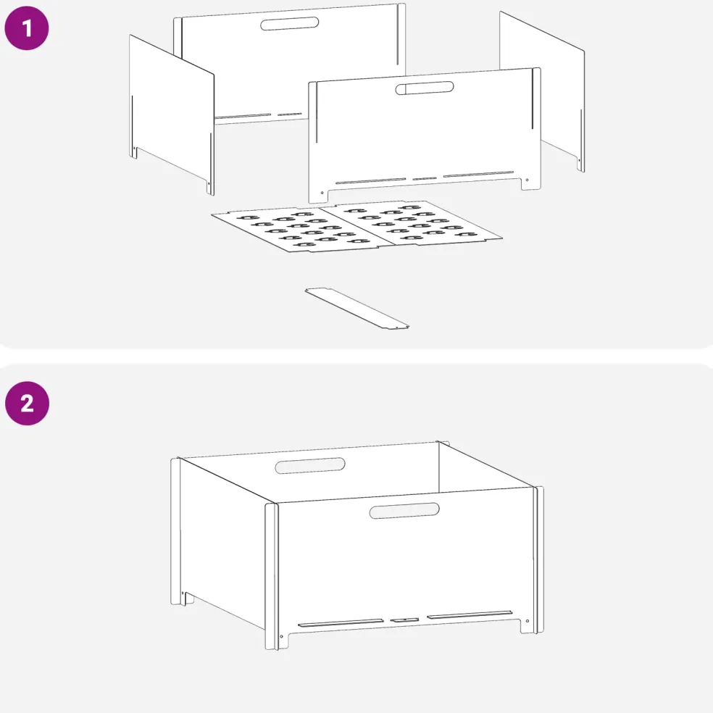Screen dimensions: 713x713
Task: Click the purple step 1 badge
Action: click(x=27, y=28)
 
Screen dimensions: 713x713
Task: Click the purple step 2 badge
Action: click(x=28, y=404)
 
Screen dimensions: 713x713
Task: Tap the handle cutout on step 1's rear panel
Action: click(x=289, y=24)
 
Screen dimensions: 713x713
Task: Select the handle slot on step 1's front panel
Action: click(x=425, y=88)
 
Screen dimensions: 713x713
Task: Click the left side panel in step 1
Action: click(x=172, y=114)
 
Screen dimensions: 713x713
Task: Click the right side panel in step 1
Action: click(x=542, y=91)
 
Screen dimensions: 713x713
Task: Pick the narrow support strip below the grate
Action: click(x=357, y=308)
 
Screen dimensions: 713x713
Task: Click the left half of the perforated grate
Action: click(x=302, y=229)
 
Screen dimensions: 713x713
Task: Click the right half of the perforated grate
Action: click(x=411, y=222)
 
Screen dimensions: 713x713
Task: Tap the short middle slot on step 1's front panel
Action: click(x=425, y=179)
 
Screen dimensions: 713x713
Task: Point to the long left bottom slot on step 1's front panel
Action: click(x=370, y=181)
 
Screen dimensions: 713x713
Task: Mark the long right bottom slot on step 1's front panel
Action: click(x=478, y=174)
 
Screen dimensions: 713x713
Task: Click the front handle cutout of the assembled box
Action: click(x=404, y=511)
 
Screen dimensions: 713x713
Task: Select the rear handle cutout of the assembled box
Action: click(x=310, y=466)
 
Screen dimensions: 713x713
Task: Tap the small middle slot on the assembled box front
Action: click(x=404, y=620)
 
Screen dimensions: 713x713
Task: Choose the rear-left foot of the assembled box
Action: click(x=182, y=598)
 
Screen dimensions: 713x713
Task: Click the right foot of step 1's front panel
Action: click(x=531, y=183)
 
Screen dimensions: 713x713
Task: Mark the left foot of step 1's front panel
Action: click(x=319, y=196)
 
